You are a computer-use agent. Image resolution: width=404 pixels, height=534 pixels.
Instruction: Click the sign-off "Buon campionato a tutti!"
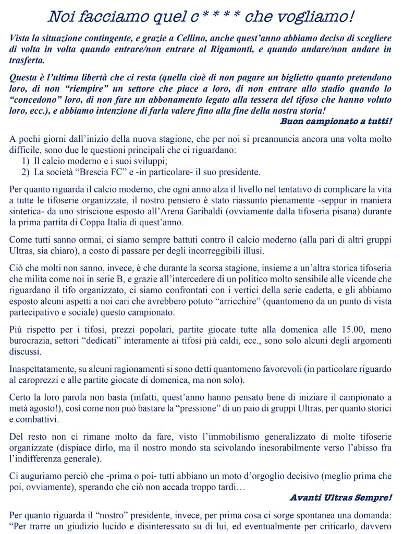point(336,122)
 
